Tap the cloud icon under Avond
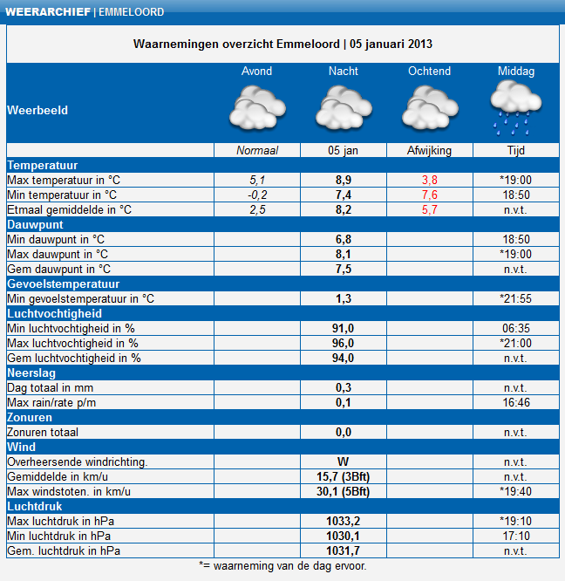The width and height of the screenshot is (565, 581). tap(256, 110)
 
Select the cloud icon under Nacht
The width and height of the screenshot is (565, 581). tap(343, 110)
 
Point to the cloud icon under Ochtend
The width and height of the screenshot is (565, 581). tap(429, 110)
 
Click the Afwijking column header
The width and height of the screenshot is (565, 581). tap(429, 151)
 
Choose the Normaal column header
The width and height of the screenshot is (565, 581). tap(256, 151)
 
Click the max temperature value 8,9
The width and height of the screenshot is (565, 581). tap(343, 180)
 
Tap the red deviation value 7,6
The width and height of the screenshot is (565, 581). tap(429, 195)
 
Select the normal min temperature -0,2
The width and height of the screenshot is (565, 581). tap(256, 195)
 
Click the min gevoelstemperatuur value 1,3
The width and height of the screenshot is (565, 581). tap(343, 298)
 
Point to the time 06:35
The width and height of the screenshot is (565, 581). tap(516, 328)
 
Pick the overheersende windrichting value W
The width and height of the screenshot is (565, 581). tap(343, 461)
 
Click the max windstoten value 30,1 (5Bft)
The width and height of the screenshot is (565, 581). tap(343, 491)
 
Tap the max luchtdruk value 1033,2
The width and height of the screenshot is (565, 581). tap(343, 521)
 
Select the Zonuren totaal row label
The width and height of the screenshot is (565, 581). tap(43, 432)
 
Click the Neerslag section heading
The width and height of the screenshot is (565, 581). tap(31, 373)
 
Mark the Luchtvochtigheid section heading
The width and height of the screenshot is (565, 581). tap(54, 313)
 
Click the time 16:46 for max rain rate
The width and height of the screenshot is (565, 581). tap(516, 402)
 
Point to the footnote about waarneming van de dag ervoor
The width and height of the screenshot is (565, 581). tap(282, 565)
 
